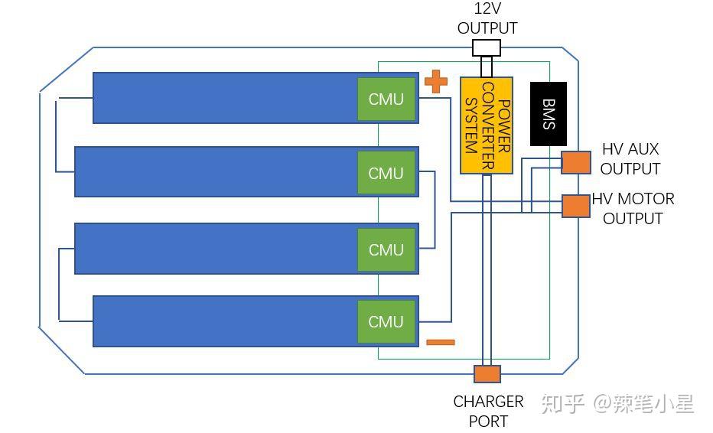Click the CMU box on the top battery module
tap(386, 99)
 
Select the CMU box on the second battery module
tap(386, 173)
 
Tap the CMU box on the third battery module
tap(386, 249)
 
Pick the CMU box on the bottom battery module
tap(386, 321)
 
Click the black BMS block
tap(549, 114)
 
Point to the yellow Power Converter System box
tap(487, 125)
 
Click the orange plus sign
tap(436, 81)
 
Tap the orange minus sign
tap(440, 343)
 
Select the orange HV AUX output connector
tap(576, 163)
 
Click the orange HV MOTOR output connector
tap(576, 206)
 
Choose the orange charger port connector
tap(487, 374)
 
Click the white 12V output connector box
tap(487, 47)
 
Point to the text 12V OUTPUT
tap(487, 18)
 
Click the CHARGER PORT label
tap(488, 411)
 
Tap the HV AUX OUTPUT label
tap(630, 158)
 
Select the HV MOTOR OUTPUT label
tap(633, 208)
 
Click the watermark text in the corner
tap(617, 403)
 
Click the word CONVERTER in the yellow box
tap(488, 126)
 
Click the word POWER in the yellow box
tap(504, 126)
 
